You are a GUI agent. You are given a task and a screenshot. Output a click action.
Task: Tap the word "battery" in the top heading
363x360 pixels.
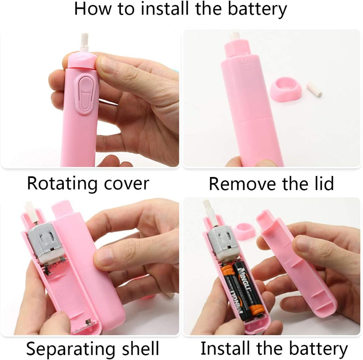pyautogui.click(x=257, y=10)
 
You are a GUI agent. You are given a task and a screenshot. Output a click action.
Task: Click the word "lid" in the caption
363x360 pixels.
pyautogui.click(x=324, y=183)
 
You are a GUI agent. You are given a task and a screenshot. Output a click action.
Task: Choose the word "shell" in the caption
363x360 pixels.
pyautogui.click(x=140, y=348)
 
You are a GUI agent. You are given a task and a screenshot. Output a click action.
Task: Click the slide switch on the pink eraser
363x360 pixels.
pyautogui.click(x=84, y=95)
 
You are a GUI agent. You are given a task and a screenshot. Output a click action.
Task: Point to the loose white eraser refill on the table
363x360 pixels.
pyautogui.click(x=314, y=90)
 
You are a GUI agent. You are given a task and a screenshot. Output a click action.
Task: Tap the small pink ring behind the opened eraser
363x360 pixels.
pyautogui.click(x=244, y=231)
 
